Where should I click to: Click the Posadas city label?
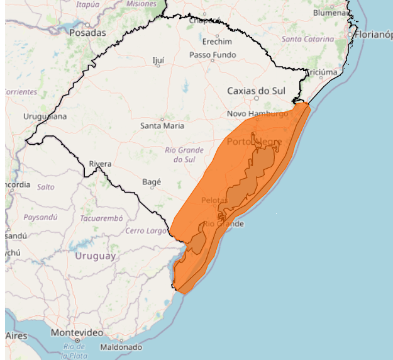pos(87,32)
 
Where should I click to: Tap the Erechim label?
pos(217,42)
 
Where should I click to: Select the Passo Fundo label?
pos(214,55)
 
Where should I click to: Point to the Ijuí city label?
pos(158,60)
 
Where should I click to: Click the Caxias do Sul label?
pos(256,91)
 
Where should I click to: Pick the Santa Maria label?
pos(162,125)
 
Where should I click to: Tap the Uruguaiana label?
pos(45,116)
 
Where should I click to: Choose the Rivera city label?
pos(100,164)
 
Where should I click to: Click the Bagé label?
pos(152,182)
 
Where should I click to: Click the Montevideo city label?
pos(76,332)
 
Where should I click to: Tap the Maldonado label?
pos(121,347)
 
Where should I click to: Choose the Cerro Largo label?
pos(146,231)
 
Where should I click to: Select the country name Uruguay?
pos(96,256)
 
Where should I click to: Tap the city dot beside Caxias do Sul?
pos(257,98)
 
